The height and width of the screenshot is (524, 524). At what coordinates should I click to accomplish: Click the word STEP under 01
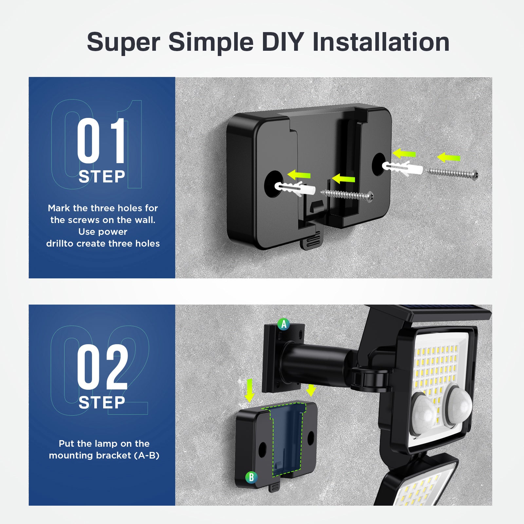pos(102,177)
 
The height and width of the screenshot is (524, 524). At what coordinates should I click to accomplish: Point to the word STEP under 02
pos(102,403)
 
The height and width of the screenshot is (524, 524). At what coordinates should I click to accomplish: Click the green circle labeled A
pos(284,324)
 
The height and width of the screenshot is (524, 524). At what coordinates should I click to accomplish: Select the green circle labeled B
pos(251,477)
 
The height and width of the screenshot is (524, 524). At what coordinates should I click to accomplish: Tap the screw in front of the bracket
pos(347,196)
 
